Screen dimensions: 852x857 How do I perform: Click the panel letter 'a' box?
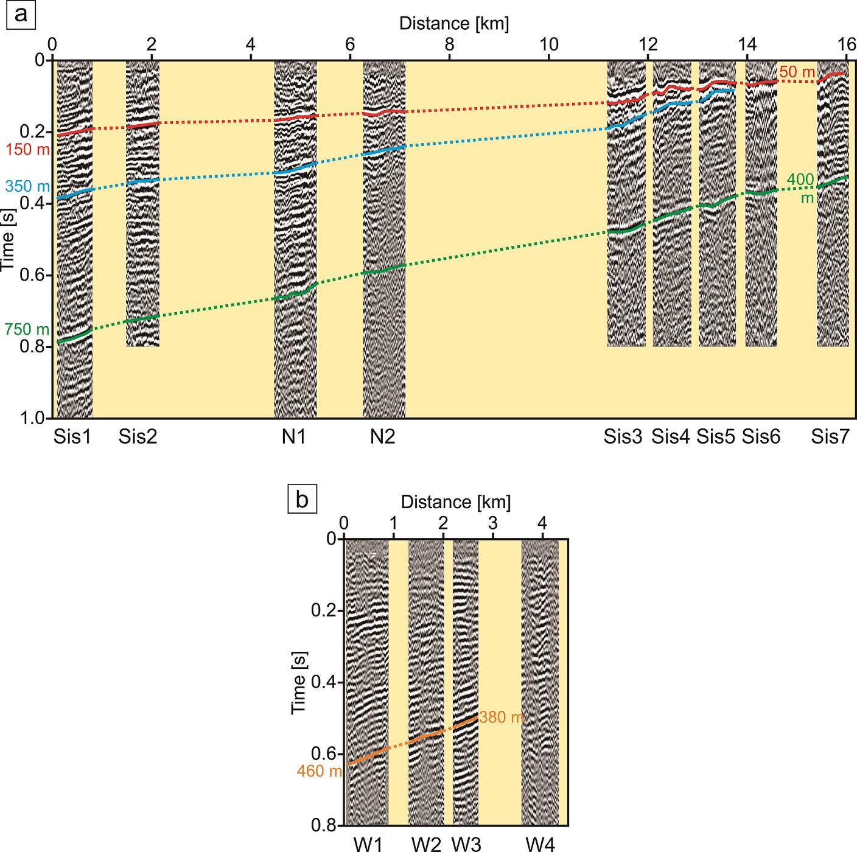[x=21, y=14]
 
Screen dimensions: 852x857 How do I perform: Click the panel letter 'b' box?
[x=302, y=499]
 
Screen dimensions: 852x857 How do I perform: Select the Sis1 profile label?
[x=72, y=436]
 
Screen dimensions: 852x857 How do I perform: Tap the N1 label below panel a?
[x=294, y=436]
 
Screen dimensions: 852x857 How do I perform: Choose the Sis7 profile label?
[x=830, y=436]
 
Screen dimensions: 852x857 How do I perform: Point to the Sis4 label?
[x=670, y=436]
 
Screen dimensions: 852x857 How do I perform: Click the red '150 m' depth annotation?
[x=27, y=149]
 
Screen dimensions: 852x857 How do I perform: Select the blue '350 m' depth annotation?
[x=27, y=186]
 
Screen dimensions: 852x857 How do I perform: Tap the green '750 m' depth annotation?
[x=27, y=329]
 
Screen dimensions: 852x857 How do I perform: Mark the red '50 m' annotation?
[x=797, y=72]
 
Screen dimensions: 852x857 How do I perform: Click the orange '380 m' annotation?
[x=501, y=718]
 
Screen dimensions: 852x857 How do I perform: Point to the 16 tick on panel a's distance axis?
[x=847, y=44]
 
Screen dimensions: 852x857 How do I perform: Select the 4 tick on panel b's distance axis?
[x=542, y=523]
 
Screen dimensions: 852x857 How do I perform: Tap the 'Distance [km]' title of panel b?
[x=456, y=502]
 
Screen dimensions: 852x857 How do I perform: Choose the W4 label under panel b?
[x=540, y=843]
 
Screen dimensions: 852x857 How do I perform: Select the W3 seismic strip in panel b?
[x=466, y=682]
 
